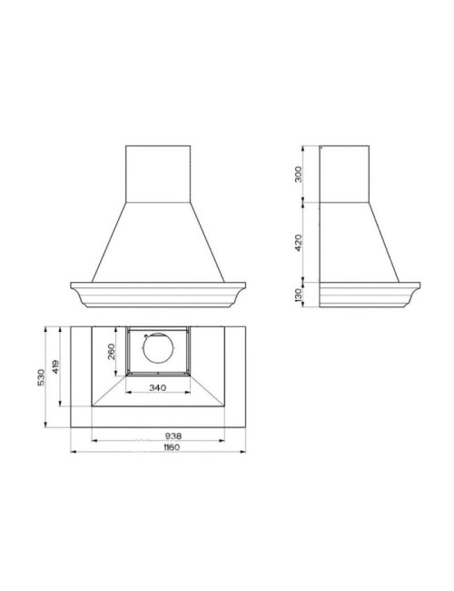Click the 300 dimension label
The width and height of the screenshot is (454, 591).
coord(298,175)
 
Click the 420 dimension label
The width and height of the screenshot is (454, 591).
coord(298,243)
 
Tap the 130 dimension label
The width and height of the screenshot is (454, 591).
coord(299,295)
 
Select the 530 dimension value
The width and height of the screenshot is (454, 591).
coord(41,377)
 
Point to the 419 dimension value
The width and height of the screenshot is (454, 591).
coord(55,366)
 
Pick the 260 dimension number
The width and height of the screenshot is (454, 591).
coord(112,351)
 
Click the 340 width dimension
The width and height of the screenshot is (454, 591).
coord(157,387)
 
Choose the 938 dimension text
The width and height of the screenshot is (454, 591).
coord(173,436)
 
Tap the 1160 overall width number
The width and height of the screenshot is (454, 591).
coord(172,447)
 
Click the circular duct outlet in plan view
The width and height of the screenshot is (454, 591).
coord(159,348)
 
